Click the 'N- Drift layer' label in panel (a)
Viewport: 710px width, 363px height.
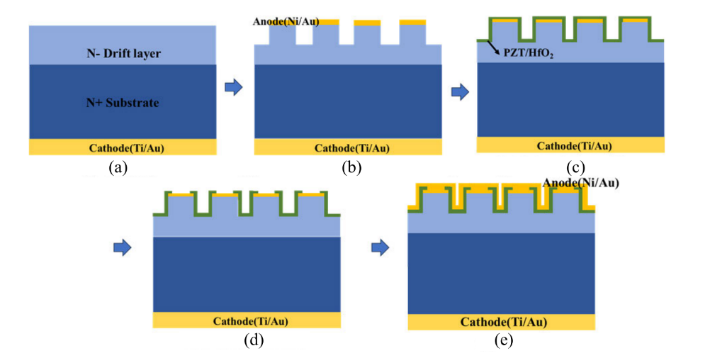123,53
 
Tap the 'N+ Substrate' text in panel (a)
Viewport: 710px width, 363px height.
123,103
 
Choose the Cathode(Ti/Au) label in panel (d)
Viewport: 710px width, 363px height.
250,321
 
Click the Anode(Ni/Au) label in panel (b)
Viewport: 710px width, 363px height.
286,21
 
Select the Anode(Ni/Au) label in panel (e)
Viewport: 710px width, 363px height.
580,183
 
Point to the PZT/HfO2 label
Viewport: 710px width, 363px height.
529,54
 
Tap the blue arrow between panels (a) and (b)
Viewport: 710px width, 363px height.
234,87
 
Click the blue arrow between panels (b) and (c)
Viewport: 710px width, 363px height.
460,92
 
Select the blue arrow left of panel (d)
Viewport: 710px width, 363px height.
123,247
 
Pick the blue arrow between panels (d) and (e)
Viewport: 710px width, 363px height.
380,247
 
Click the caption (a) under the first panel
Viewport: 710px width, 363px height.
118,168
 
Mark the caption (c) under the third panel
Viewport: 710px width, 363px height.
575,168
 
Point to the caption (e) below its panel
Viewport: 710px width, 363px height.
504,341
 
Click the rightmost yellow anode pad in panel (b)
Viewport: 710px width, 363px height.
412,22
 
